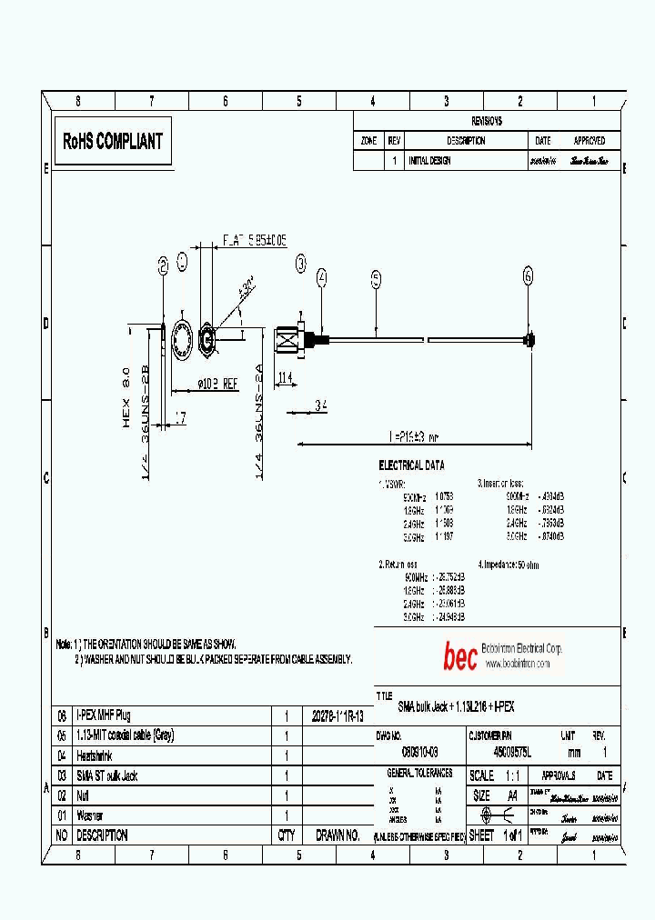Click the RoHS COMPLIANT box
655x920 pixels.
(x=113, y=141)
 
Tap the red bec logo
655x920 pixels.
(x=459, y=656)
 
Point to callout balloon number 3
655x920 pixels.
(x=301, y=264)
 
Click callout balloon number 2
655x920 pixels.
(x=163, y=265)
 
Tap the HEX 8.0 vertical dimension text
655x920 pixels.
(x=127, y=396)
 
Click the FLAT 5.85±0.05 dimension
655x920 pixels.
(x=255, y=240)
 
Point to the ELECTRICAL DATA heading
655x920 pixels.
(x=411, y=465)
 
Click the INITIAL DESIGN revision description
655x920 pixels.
(x=429, y=161)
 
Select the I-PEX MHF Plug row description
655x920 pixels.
(x=104, y=715)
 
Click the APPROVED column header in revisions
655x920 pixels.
(x=589, y=141)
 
